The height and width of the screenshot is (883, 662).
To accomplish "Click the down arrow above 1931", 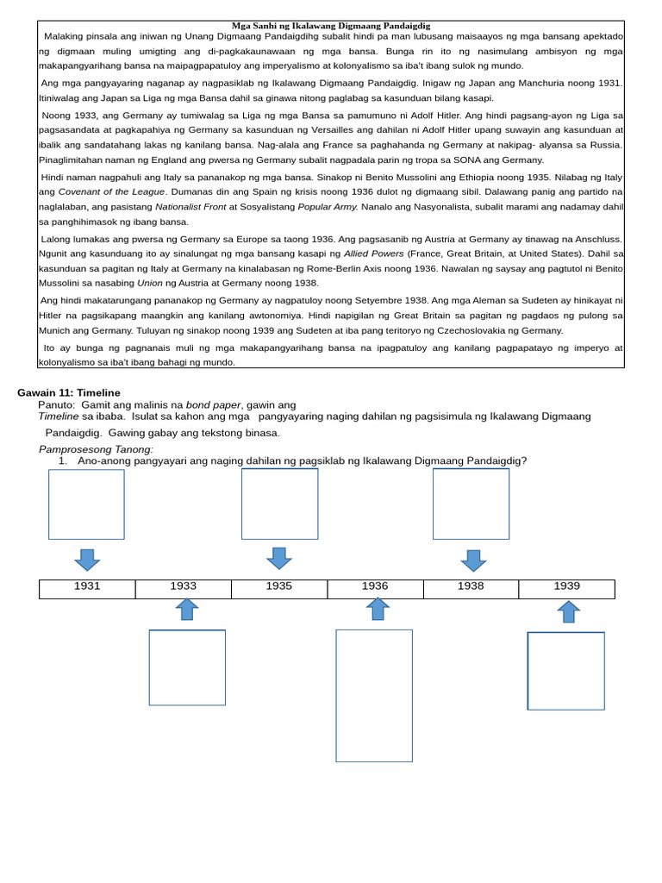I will (x=87, y=560).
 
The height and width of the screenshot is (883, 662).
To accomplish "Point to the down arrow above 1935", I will (x=279, y=558).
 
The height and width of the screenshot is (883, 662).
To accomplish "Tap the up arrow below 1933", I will (x=187, y=609).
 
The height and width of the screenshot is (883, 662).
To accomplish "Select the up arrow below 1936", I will (x=378, y=609).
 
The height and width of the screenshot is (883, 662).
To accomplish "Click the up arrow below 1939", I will (x=568, y=611).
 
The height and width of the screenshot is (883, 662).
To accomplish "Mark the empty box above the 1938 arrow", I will (x=471, y=504).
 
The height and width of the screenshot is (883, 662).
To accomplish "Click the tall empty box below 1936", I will (x=374, y=695).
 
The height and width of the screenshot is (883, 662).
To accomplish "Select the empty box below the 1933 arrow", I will (x=187, y=667).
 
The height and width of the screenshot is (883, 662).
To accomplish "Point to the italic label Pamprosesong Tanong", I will (x=96, y=449).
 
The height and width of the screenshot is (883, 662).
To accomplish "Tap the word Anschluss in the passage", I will (x=596, y=239).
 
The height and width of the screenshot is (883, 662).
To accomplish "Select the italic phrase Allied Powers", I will (x=374, y=254).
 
